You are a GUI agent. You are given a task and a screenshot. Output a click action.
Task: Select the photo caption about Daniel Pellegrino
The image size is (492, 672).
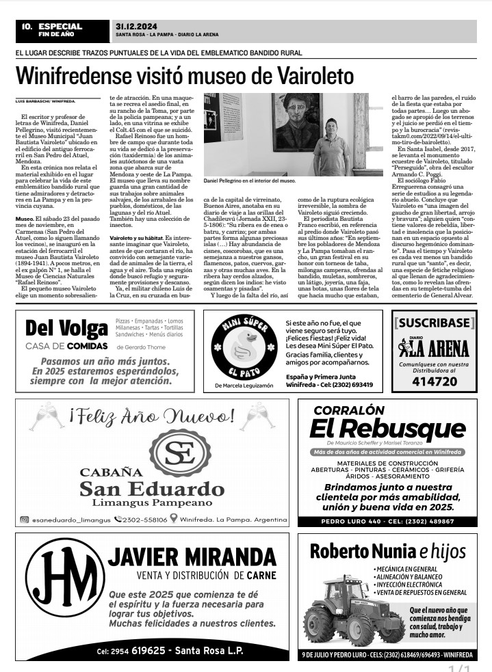coord(249,181)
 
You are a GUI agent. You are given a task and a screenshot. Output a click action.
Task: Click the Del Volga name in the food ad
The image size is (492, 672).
coord(66,328)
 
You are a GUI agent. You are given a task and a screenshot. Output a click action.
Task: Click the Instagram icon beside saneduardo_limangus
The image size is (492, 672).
coord(24,520)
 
